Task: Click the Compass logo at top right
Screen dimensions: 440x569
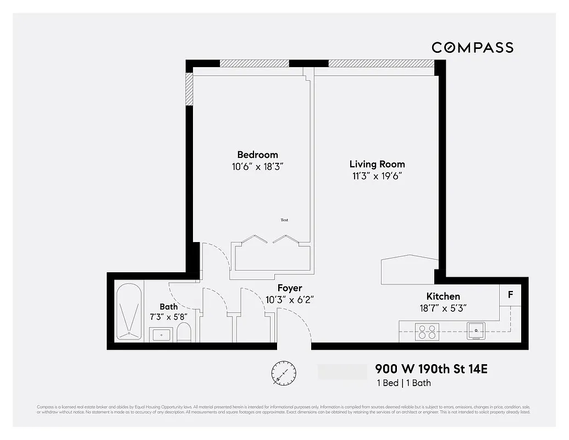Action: tap(472, 48)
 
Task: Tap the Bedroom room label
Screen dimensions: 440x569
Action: tap(257, 155)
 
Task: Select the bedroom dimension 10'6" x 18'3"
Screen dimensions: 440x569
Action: tap(257, 167)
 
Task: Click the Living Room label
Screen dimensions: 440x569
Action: tap(377, 164)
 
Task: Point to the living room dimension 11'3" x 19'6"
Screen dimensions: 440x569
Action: tap(377, 176)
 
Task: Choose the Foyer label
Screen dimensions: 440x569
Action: tap(289, 288)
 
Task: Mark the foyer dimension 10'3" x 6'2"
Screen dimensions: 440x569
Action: tap(289, 300)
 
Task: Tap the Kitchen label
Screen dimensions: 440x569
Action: tap(443, 296)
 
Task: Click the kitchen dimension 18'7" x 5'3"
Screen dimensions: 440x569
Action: tap(443, 308)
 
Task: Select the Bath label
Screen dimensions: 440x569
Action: tap(169, 306)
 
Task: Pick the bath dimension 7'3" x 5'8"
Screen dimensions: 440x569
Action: tap(169, 317)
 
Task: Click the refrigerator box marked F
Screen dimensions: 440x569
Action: tap(510, 295)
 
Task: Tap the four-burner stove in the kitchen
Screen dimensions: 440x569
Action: tap(428, 331)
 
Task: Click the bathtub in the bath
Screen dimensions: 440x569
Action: tap(130, 312)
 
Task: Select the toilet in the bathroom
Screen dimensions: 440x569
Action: tap(184, 332)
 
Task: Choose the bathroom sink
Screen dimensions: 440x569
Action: tap(161, 334)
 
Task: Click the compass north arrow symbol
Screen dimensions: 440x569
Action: tap(284, 373)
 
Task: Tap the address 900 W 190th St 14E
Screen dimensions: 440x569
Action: tap(431, 369)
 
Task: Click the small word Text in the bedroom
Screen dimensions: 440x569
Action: tap(284, 220)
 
